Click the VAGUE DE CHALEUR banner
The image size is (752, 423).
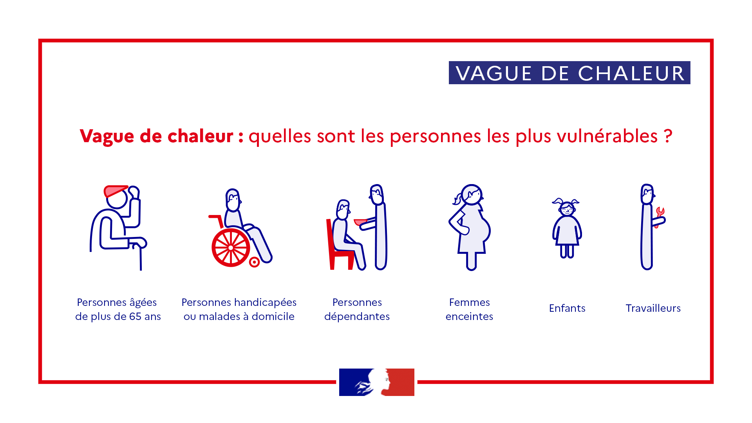pyautogui.click(x=569, y=72)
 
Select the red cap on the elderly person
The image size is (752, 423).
pyautogui.click(x=115, y=191)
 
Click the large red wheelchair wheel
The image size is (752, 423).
pyautogui.click(x=231, y=248)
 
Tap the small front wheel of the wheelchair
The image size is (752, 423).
pyautogui.click(x=254, y=262)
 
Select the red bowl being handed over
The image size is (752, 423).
pyautogui.click(x=360, y=222)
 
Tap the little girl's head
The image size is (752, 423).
pyautogui.click(x=566, y=208)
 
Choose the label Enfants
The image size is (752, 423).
pyautogui.click(x=567, y=308)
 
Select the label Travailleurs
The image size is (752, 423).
pyautogui.click(x=653, y=308)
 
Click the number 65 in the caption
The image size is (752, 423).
pyautogui.click(x=135, y=316)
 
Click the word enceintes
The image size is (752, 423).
pyautogui.click(x=469, y=316)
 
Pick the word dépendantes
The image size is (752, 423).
pyautogui.click(x=357, y=316)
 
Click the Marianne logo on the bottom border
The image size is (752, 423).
pyautogui.click(x=377, y=382)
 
